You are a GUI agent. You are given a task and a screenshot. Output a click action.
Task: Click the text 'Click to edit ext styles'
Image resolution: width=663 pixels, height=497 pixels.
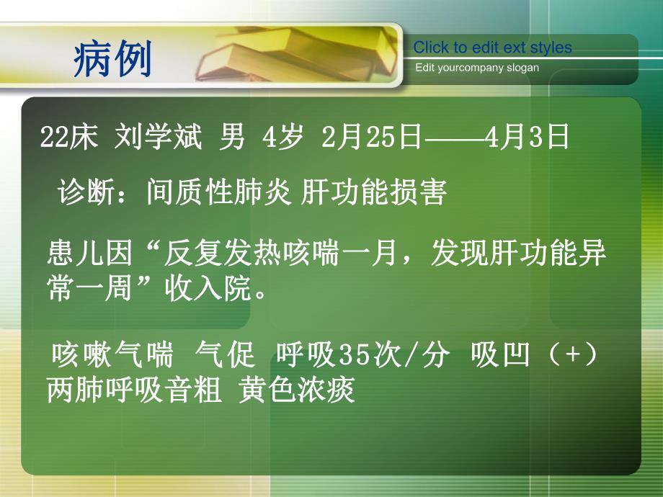[492, 48]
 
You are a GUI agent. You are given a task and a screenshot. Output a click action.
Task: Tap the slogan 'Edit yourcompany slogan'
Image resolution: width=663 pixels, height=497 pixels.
[477, 68]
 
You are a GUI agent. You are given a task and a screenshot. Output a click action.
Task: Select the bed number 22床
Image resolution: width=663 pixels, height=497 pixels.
[68, 137]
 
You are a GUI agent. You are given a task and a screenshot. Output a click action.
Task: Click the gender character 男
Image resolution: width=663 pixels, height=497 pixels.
[232, 137]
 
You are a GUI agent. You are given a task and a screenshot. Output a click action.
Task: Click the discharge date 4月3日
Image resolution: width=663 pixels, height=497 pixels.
[528, 137]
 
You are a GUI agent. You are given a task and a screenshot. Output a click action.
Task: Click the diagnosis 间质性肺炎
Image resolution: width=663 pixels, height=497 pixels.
[218, 192]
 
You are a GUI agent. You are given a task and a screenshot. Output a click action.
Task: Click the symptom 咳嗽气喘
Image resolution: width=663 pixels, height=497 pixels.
[112, 354]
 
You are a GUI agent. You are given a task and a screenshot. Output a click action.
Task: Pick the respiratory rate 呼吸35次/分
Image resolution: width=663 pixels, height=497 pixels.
[362, 354]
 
